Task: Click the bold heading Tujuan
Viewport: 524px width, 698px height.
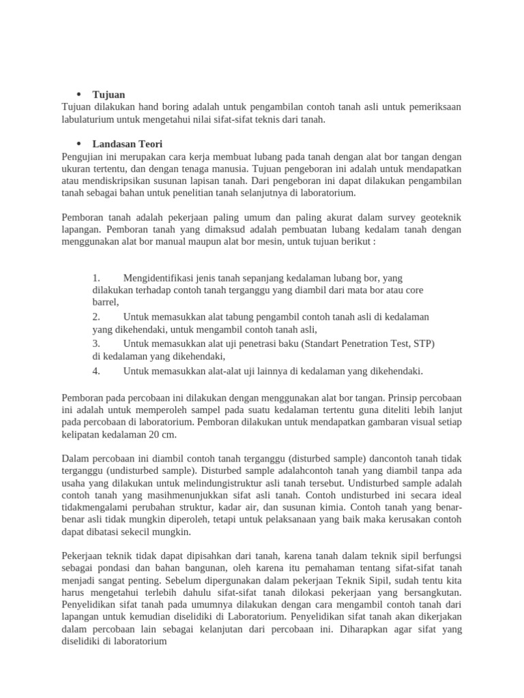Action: coord(108,94)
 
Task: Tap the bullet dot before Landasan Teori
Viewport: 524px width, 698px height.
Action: coord(78,144)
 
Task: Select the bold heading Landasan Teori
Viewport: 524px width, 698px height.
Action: coord(128,144)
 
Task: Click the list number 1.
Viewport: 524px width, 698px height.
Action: coord(96,278)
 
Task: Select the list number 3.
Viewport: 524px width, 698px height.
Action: coord(96,343)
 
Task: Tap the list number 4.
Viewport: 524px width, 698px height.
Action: coord(96,371)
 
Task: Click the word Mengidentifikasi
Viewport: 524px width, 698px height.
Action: coord(158,278)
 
